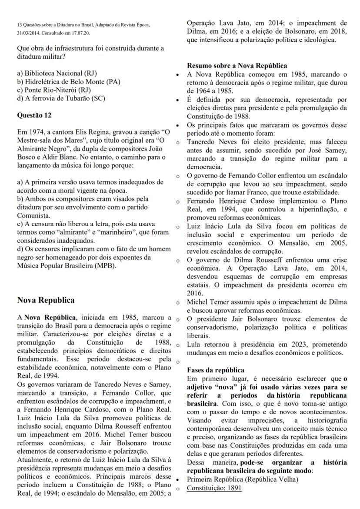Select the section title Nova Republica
click(x=46, y=300)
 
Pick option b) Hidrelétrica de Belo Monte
click(x=68, y=81)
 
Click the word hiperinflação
click(x=304, y=210)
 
